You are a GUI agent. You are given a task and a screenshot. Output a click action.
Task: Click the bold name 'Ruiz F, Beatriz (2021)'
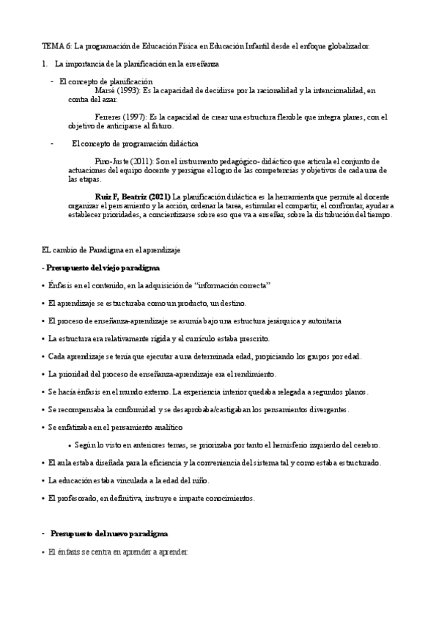point(133,197)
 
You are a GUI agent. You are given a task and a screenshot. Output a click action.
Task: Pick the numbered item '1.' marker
point(45,65)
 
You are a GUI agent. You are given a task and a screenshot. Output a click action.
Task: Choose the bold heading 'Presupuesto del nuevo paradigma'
point(109,533)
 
